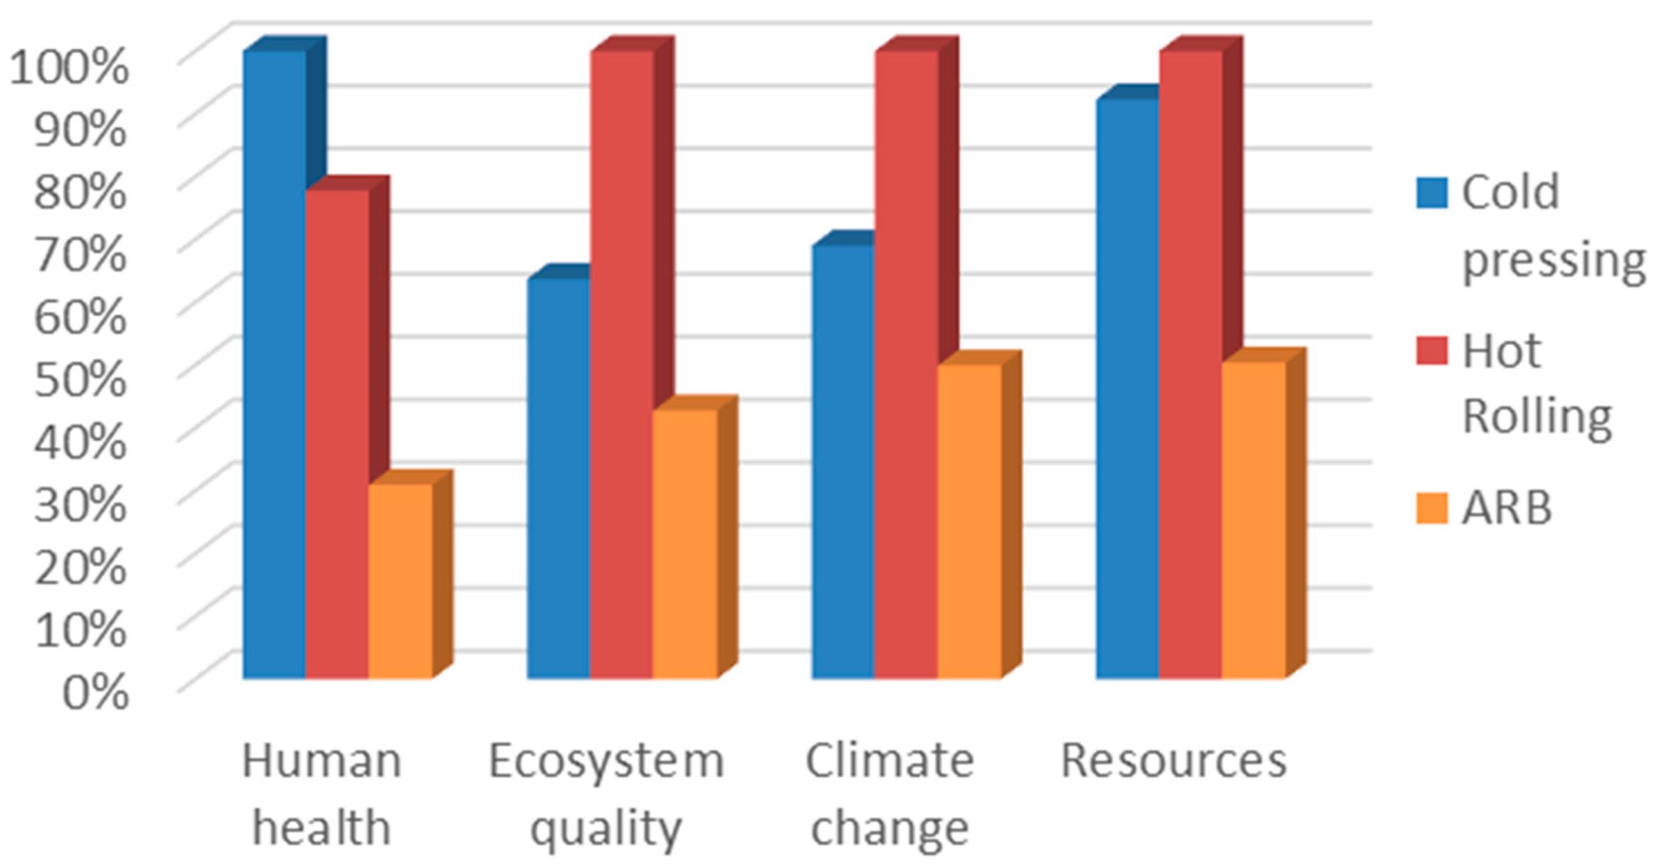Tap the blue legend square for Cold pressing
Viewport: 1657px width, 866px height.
coord(1432,193)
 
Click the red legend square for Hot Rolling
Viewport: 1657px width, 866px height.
coord(1432,351)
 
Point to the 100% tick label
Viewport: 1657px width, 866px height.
coord(68,67)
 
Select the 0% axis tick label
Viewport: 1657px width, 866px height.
coord(95,692)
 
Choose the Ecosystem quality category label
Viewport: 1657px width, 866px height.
coord(606,795)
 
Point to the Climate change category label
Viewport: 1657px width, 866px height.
coord(890,795)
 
